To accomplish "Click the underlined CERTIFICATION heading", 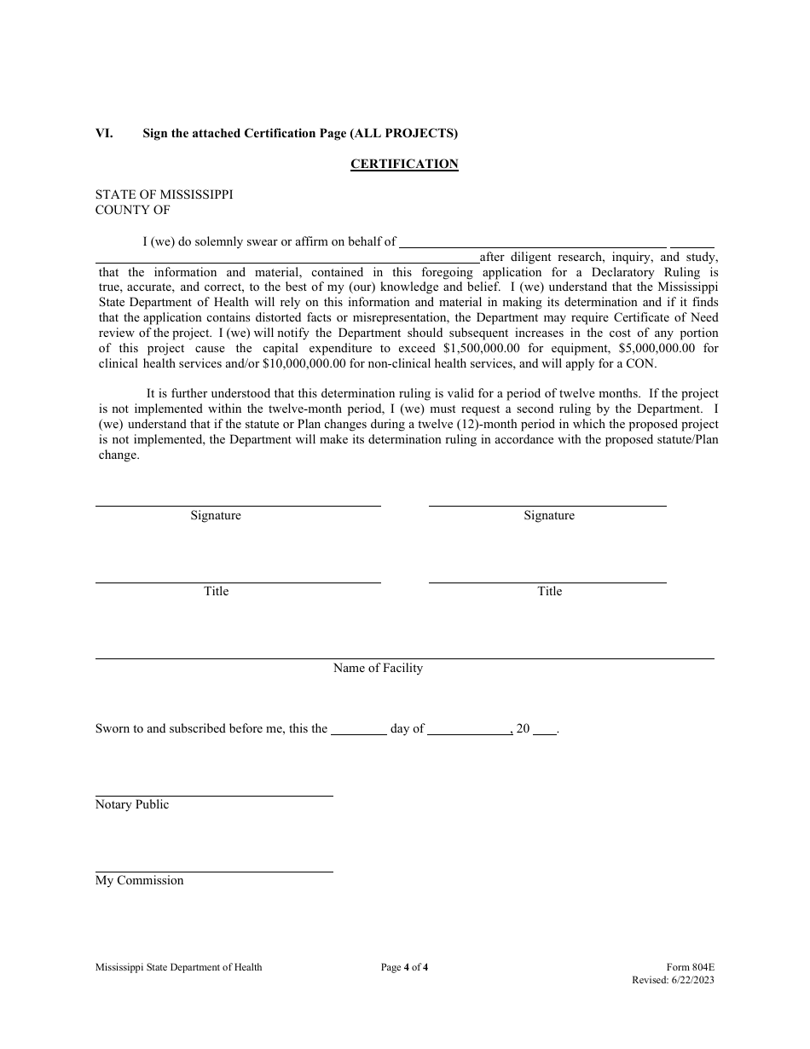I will click(404, 164).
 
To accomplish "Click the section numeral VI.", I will click(104, 133).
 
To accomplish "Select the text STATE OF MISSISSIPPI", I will click(164, 194).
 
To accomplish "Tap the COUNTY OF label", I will click(132, 210).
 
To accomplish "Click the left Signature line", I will click(237, 504).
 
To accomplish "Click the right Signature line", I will click(547, 504).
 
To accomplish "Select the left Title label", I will click(216, 591).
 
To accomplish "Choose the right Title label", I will click(549, 591).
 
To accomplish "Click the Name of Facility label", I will click(378, 669).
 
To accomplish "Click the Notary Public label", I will click(132, 805).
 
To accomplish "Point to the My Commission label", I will click(139, 881).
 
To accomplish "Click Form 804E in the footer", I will click(691, 967).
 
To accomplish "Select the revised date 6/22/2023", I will click(691, 980).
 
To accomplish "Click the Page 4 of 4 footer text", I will click(404, 967).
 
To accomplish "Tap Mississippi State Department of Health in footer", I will click(178, 967).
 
